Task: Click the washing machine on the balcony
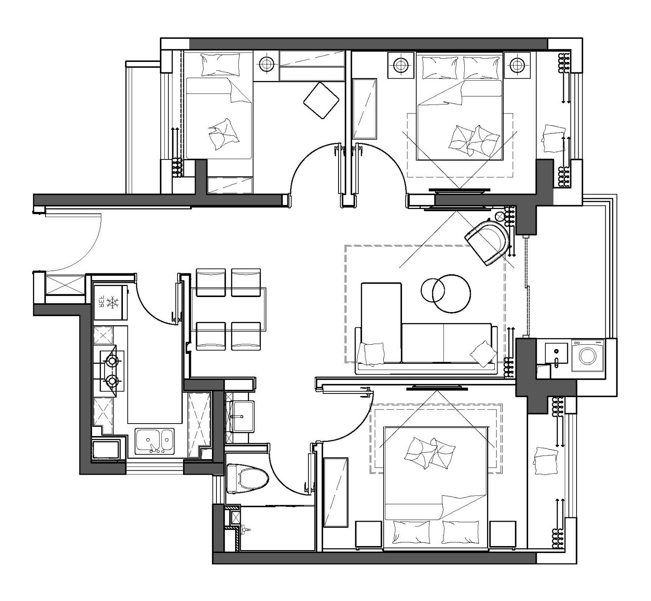(x=588, y=355)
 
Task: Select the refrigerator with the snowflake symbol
(x=110, y=302)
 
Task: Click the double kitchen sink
(x=154, y=441)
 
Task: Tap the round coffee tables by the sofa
(x=446, y=292)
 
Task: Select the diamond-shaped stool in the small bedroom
(x=321, y=100)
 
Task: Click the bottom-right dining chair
(x=246, y=336)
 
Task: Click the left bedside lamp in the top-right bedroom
(x=401, y=64)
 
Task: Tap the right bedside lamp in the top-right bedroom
(x=517, y=64)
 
